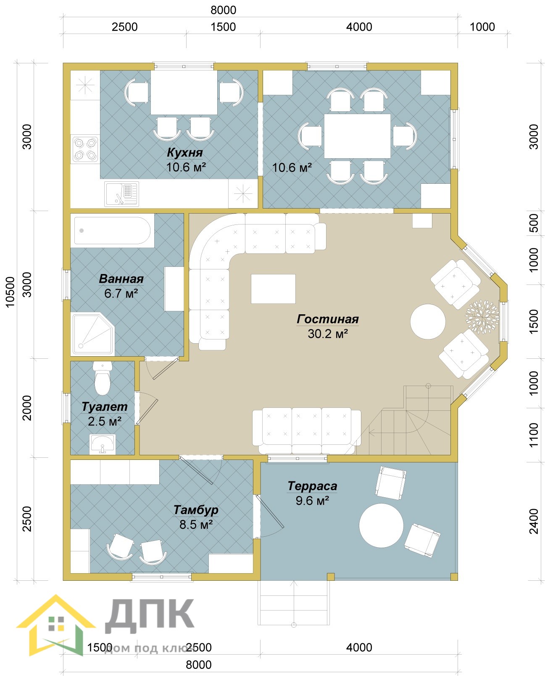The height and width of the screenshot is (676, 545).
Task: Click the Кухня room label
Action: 185,152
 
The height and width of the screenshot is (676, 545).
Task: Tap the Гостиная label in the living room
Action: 328,319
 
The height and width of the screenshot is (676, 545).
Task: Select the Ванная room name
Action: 121,279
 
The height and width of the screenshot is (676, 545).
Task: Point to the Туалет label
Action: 105,407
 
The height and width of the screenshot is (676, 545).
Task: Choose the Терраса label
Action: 312,486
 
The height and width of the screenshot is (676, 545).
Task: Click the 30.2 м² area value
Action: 328,334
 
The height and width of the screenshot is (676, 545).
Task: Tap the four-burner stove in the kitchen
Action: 85,149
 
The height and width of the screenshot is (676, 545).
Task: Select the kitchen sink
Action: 121,194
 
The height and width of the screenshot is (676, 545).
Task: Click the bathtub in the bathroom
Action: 112,230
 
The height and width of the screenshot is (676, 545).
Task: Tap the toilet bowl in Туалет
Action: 103,378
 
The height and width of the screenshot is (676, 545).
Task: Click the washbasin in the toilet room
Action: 103,444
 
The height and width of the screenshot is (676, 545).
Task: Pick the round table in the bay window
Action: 428,321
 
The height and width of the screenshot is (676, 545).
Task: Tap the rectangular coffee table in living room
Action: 273,289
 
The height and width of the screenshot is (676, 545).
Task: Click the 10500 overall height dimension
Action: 11,292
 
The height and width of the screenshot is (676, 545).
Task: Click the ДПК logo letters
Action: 150,616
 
